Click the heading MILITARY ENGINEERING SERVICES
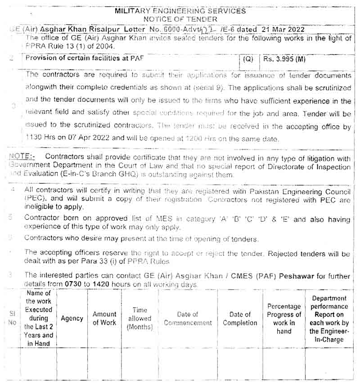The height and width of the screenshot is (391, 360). [x=180, y=11]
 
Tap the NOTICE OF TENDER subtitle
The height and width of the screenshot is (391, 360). [x=180, y=19]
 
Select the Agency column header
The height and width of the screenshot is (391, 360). [x=72, y=318]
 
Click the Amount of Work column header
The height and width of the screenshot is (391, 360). [x=104, y=318]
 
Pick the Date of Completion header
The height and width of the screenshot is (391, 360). [x=240, y=318]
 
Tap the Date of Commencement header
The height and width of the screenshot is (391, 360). [x=188, y=318]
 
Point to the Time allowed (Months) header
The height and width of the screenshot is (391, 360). [x=139, y=318]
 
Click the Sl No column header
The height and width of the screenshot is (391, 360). [x=12, y=318]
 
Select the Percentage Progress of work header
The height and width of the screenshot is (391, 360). [x=284, y=318]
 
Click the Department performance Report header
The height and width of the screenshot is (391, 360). [x=329, y=318]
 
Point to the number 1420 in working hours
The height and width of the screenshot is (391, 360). [x=95, y=285]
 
